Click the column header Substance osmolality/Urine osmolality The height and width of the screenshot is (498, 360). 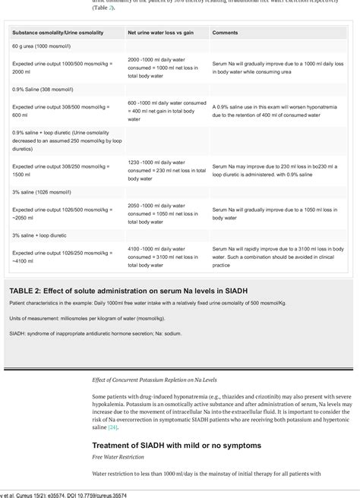[x=58, y=33]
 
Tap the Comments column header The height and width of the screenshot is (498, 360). [x=225, y=33]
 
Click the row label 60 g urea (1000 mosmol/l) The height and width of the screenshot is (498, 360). [x=43, y=48]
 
